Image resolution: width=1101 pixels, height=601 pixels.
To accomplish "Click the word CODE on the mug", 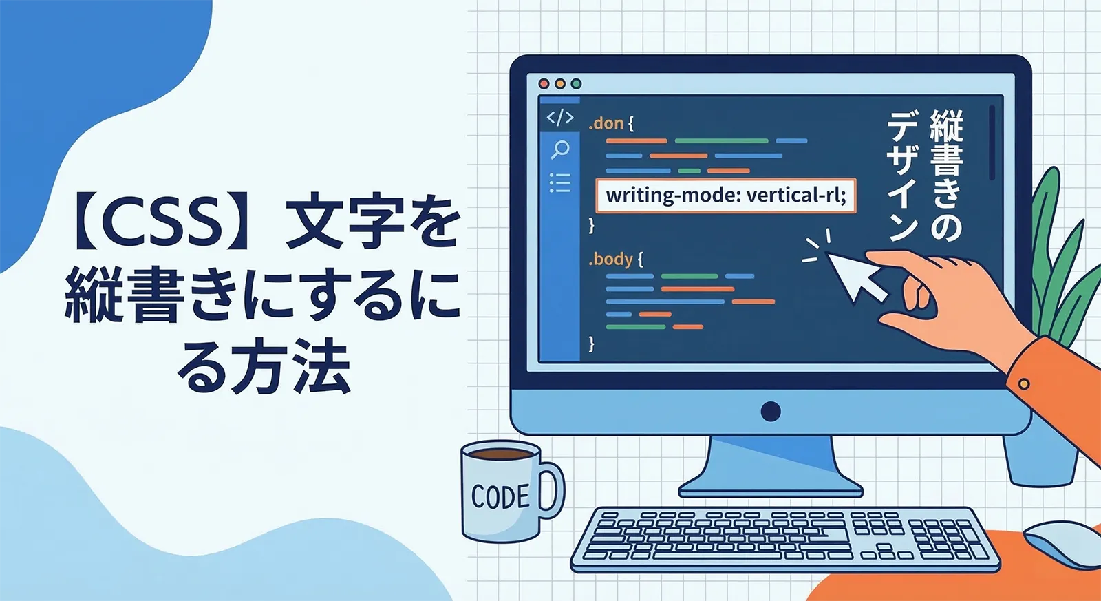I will (500, 496).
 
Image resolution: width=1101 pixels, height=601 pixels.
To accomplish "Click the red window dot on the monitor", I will (544, 84).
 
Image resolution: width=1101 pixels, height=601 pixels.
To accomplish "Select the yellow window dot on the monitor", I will (560, 84).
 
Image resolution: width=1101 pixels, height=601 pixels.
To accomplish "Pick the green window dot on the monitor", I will (576, 84).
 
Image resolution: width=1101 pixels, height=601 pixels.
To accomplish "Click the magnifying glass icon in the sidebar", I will (560, 149).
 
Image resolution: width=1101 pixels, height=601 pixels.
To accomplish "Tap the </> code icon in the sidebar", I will (559, 118).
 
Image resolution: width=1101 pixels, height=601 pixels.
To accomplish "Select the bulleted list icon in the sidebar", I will (559, 183).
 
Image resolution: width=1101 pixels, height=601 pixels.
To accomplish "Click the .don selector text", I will (606, 124).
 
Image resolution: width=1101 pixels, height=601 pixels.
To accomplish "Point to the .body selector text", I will (611, 260).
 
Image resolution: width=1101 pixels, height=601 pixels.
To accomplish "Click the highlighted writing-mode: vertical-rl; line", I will (726, 196).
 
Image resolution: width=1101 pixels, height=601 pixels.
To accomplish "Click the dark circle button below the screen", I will (771, 411).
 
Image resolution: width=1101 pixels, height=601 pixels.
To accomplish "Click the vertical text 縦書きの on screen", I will (946, 175).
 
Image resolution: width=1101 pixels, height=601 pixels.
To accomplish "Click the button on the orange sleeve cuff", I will (1023, 383).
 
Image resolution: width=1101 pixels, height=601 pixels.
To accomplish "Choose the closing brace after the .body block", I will (591, 344).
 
